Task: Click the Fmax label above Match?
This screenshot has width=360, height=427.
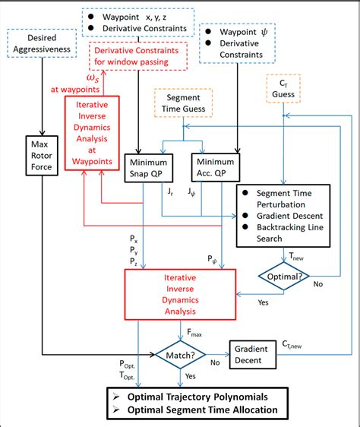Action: click(x=194, y=332)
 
